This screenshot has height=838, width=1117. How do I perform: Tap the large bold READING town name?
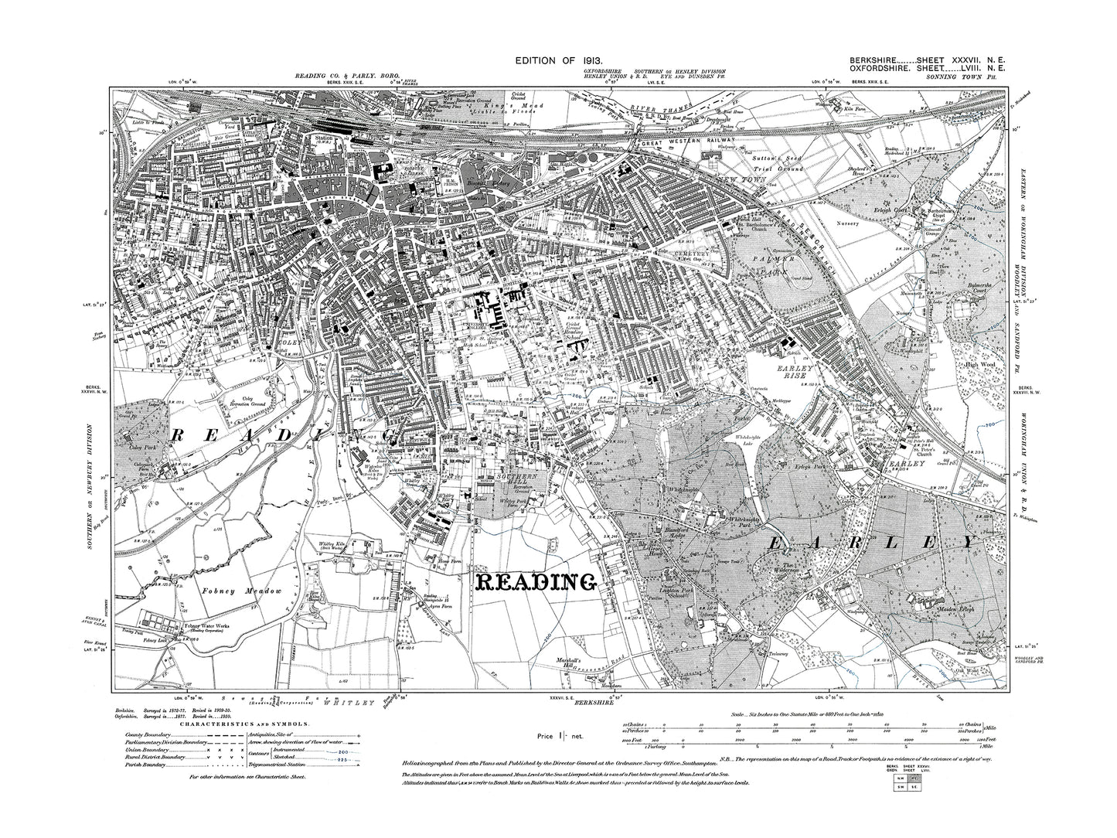[x=536, y=580]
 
